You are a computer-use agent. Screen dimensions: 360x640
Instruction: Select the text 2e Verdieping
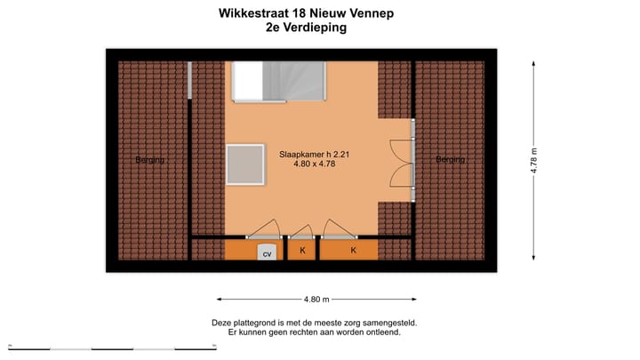click(306, 28)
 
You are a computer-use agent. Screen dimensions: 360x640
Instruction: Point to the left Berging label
click(150, 160)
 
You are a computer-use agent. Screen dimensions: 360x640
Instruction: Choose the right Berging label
click(450, 160)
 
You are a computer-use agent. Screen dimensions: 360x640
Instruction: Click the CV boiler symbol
click(267, 252)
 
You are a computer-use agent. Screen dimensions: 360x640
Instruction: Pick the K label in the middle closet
click(302, 252)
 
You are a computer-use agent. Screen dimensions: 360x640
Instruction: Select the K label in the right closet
click(353, 252)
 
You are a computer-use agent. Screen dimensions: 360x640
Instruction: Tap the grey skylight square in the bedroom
click(245, 165)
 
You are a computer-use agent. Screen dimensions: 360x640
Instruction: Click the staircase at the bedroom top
click(278, 82)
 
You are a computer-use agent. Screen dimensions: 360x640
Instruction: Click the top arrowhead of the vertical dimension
click(535, 63)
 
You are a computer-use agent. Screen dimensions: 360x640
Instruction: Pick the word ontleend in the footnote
click(382, 332)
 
